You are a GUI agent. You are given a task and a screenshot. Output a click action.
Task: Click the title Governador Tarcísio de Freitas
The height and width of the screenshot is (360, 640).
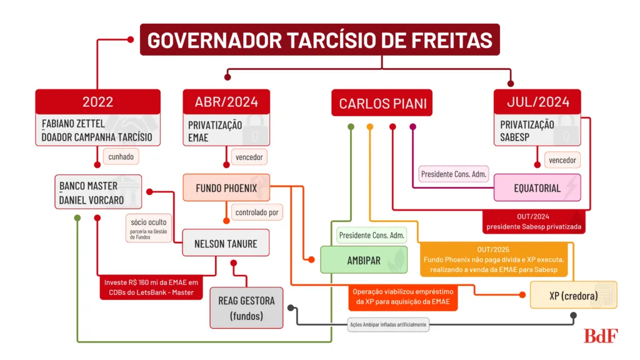coord(319,40)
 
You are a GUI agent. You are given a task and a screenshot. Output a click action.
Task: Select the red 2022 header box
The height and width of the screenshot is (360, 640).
coord(97,102)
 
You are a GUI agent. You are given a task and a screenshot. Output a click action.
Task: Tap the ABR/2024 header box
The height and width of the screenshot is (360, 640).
coord(226,102)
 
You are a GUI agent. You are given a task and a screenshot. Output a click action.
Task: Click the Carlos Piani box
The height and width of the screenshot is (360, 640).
coord(382,103)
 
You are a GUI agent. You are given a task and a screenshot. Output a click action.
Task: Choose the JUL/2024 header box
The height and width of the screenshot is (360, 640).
coord(536,102)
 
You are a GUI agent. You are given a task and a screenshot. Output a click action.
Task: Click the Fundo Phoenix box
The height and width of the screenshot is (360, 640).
coord(226,187)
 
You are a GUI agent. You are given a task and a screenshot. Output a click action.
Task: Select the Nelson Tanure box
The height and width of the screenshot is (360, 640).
coord(226,243)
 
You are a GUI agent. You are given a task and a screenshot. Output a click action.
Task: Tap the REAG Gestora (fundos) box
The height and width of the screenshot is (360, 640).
coord(246,307)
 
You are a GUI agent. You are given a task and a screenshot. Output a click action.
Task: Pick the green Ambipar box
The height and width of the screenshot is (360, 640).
coord(364,260)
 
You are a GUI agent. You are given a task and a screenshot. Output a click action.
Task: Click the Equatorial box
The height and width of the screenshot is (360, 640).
coord(537,187)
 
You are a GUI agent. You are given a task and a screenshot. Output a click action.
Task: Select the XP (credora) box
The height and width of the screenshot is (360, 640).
coord(573,295)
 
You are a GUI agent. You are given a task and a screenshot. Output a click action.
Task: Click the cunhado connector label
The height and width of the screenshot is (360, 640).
coord(121,157)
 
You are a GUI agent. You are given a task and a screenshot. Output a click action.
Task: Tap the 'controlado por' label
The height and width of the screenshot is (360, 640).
coord(257,212)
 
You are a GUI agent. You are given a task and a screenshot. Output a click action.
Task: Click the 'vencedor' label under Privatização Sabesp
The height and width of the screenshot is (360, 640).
coord(562,160)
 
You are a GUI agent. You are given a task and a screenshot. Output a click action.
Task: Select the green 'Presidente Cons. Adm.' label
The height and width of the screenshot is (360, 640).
coord(372,236)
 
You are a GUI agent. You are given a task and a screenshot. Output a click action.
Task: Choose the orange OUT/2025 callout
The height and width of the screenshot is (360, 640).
coord(492,259)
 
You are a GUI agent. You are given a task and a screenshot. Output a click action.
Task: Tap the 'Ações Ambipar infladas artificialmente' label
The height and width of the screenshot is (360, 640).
coord(387,324)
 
